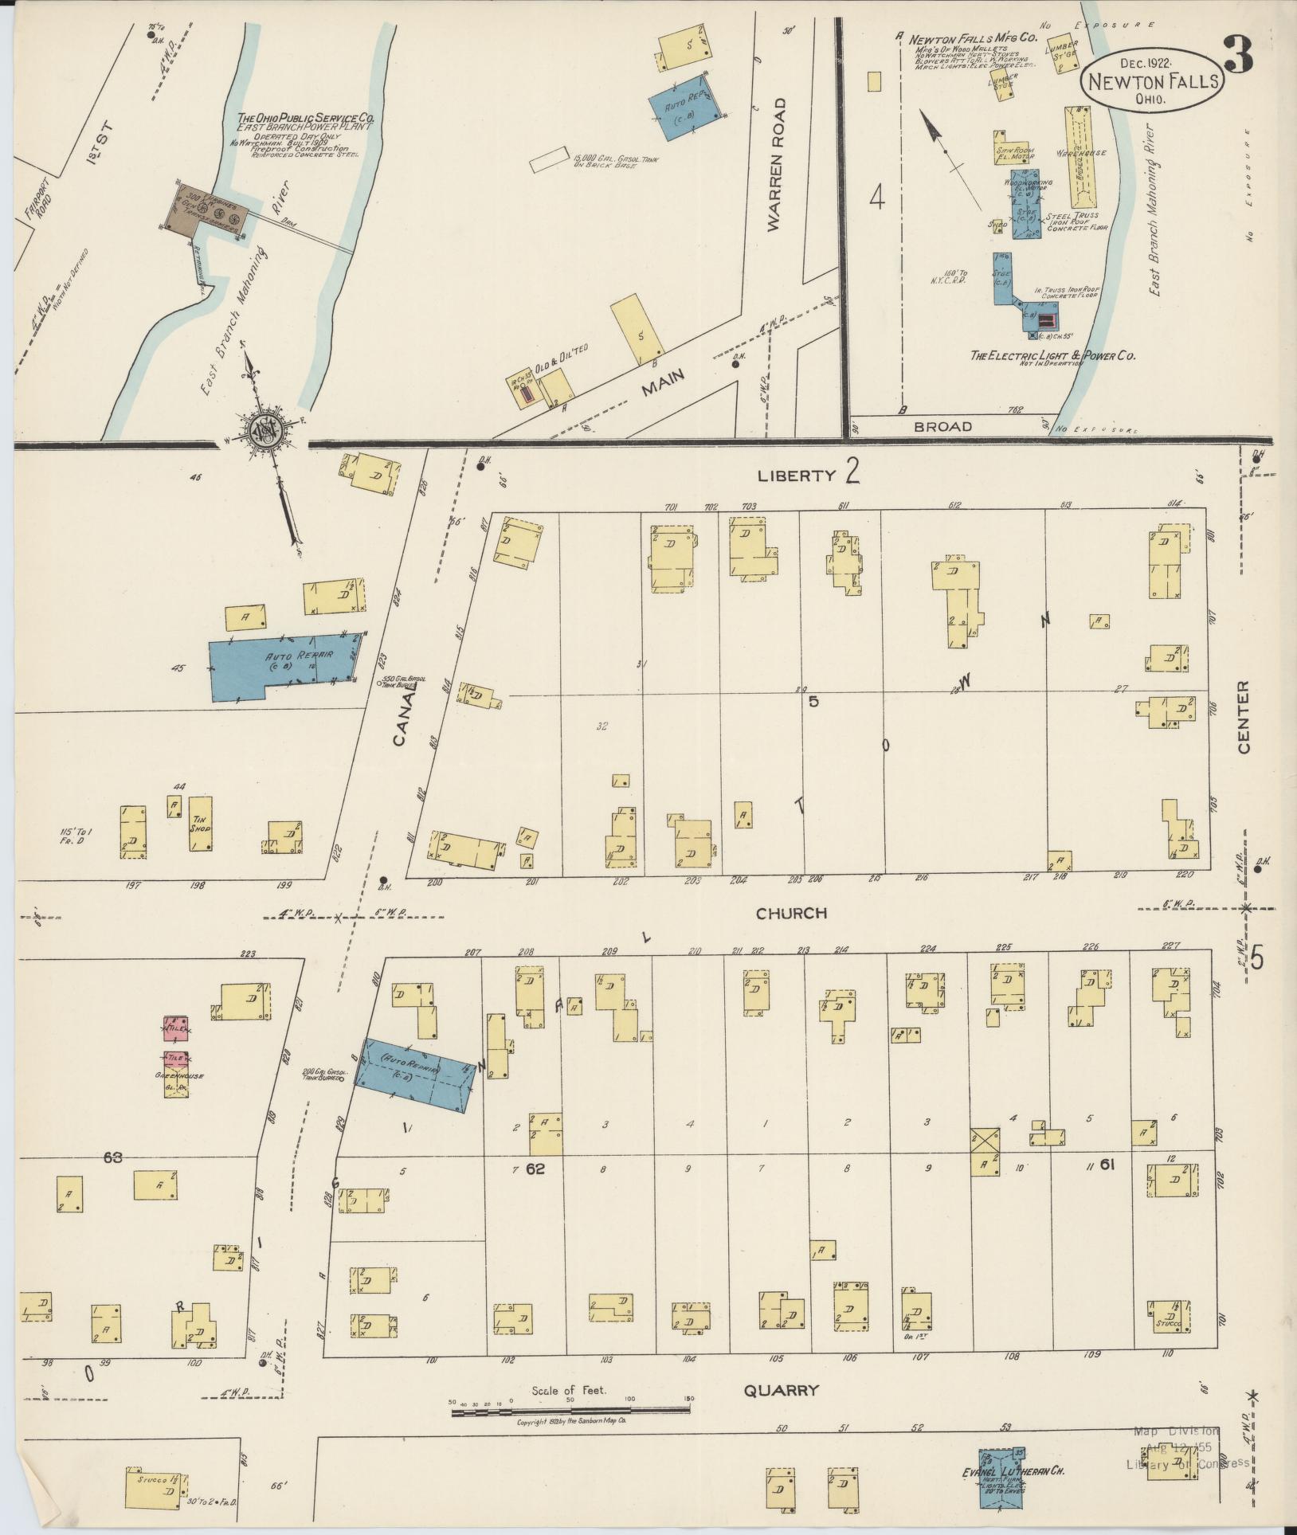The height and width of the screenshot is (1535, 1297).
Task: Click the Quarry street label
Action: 781,1391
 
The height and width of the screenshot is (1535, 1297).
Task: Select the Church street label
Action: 791,913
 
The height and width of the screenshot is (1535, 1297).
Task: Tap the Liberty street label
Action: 796,476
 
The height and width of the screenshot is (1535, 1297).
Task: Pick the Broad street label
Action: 942,426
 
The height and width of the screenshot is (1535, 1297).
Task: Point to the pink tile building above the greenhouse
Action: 175,1028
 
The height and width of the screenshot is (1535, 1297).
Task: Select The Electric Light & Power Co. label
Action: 1052,355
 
